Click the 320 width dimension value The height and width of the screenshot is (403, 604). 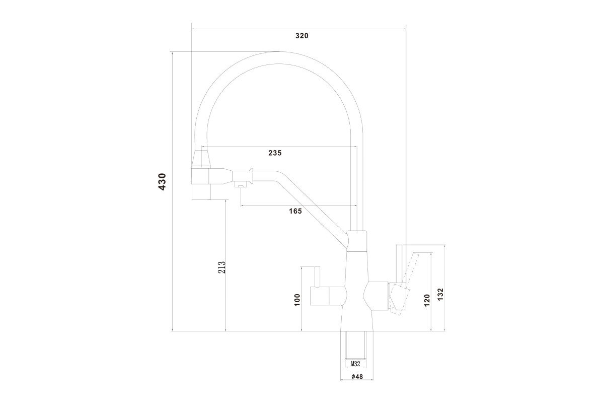pos(301,36)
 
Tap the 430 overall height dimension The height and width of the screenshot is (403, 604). pos(162,182)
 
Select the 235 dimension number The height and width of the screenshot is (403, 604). pos(275,153)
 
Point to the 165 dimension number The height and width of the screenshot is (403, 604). pos(295,211)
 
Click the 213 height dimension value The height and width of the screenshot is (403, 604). pos(221,267)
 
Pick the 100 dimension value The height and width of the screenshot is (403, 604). pos(297,300)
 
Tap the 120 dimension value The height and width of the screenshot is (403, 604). pos(427,300)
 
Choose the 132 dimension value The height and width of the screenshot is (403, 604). pos(440,295)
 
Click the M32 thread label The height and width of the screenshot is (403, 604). pos(355,364)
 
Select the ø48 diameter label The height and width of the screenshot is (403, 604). pos(357,376)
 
